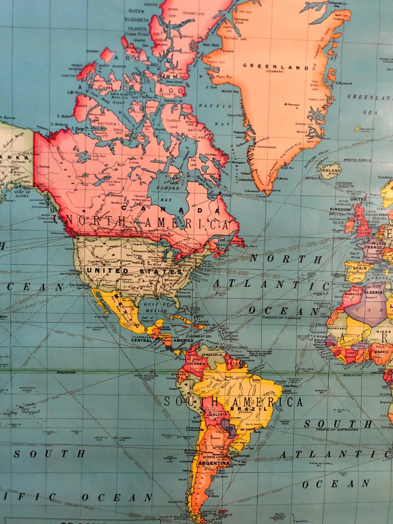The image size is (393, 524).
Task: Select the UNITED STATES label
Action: (134, 270)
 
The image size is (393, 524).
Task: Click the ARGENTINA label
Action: (214, 464)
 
